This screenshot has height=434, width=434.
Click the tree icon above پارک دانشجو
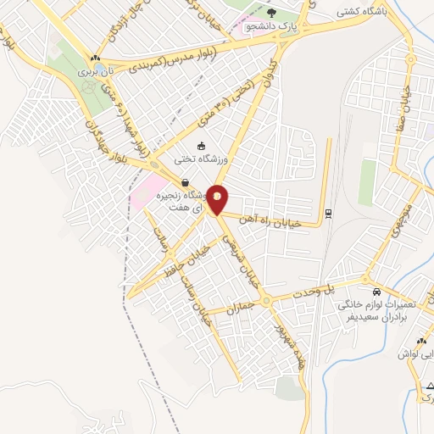(x=271, y=12)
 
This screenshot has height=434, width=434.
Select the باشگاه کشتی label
(x=360, y=12)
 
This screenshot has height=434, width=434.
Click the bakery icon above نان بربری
(x=96, y=58)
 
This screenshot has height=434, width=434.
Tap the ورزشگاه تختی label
(x=202, y=159)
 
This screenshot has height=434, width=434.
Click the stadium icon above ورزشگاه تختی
(x=202, y=145)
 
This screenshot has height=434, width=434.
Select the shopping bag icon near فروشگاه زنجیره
(x=184, y=181)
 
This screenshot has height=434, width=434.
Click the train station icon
(x=328, y=212)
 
